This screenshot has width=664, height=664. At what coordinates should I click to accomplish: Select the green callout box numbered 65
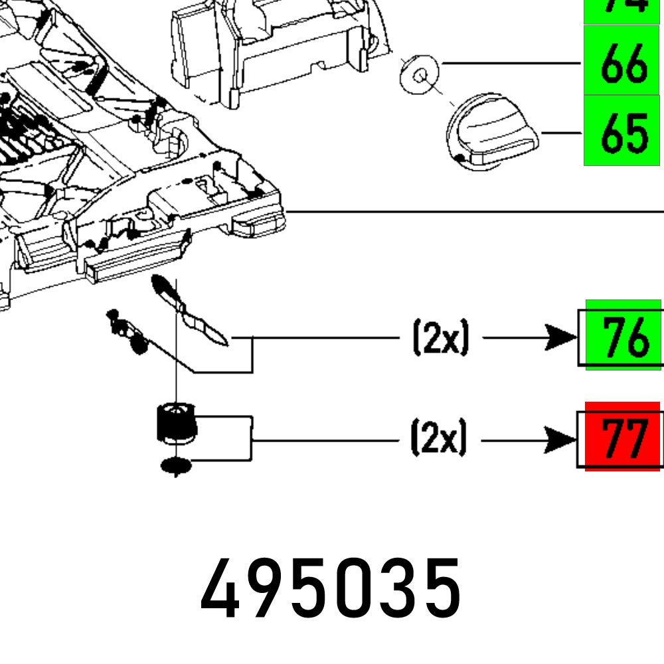(622, 131)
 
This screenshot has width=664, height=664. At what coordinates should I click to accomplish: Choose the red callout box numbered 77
(623, 437)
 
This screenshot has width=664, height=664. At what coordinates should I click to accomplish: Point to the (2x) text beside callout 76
(440, 338)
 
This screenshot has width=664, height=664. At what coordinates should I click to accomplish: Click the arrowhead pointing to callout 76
(561, 337)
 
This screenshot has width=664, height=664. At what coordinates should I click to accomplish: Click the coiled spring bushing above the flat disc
(175, 423)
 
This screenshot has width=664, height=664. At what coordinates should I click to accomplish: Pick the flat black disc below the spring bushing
(176, 466)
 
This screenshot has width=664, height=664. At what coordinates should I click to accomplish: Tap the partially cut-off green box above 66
(622, 9)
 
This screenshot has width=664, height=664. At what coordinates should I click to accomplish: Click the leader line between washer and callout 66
(511, 63)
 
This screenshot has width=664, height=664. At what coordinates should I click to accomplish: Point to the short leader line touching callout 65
(561, 133)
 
